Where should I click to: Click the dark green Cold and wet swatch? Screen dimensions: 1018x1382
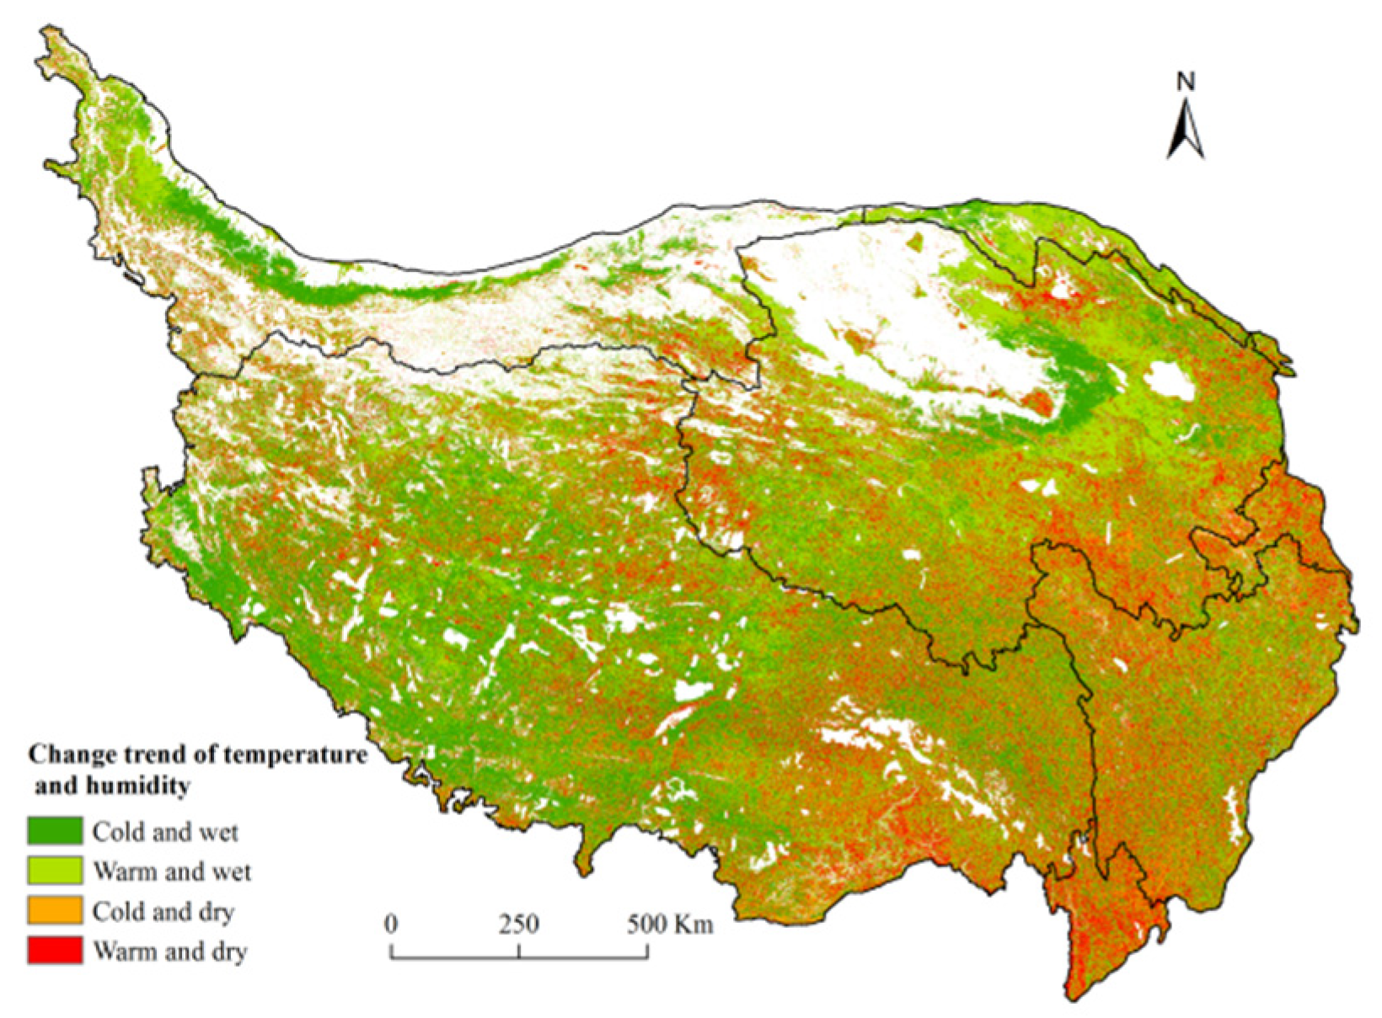click(55, 830)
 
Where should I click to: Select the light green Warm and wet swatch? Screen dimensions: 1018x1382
click(55, 870)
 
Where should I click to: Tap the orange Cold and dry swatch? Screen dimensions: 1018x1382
click(55, 910)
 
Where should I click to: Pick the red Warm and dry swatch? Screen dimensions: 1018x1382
click(55, 950)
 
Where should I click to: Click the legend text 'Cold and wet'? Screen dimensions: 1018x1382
click(165, 832)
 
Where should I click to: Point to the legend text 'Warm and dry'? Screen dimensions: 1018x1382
click(169, 951)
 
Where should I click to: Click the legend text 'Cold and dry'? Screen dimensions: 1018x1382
click(163, 911)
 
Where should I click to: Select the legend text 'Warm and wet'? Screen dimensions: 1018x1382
click(172, 871)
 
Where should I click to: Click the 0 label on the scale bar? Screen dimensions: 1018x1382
click(391, 924)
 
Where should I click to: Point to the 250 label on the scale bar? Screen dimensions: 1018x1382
click(518, 924)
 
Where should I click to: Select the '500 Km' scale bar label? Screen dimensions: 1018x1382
click(670, 924)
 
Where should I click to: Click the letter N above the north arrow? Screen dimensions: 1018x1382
click(1186, 82)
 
